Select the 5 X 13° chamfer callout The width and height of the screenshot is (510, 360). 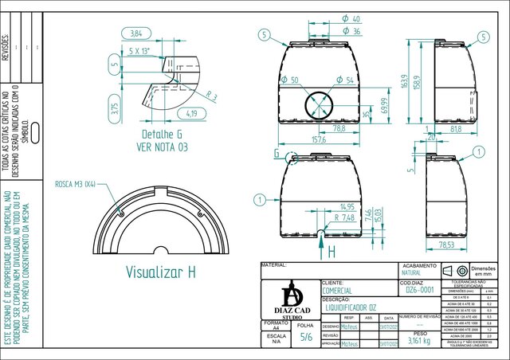coord(142,50)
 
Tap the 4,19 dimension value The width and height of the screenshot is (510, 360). coord(191,112)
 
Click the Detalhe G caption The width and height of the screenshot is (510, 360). coord(163,134)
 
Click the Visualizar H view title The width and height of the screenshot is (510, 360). coord(160,271)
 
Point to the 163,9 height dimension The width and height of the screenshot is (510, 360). coord(404,82)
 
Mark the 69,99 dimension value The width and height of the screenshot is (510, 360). coord(385,106)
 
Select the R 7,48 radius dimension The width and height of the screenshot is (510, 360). coord(344,217)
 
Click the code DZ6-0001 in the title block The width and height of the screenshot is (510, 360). coord(419,291)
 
